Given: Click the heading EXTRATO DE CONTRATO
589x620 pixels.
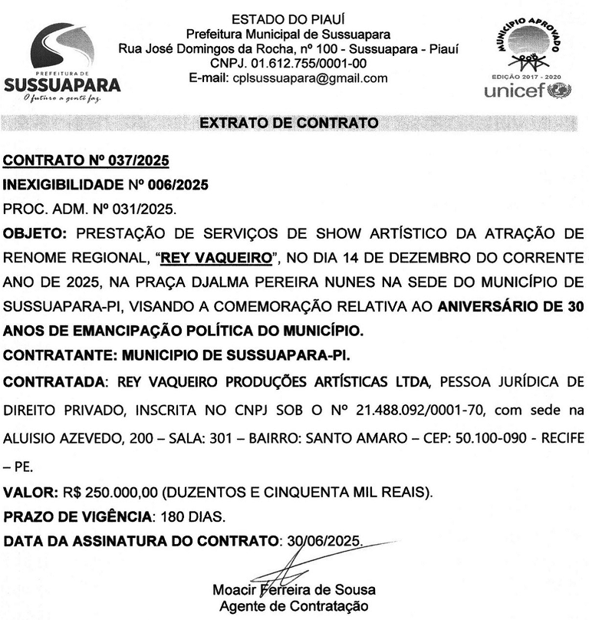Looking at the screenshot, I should coord(288,123).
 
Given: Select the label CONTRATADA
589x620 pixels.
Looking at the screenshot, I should coord(54,382).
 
